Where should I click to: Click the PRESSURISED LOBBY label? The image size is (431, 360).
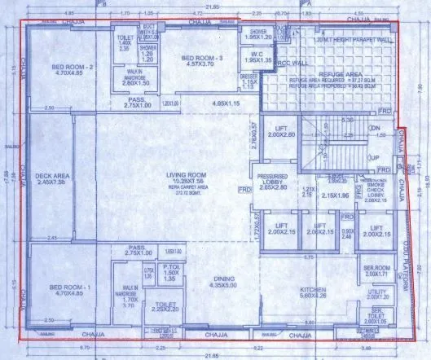274,179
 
